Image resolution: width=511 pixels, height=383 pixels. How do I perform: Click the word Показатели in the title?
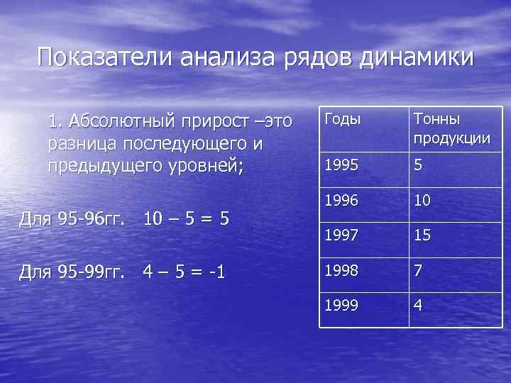pyautogui.click(x=104, y=57)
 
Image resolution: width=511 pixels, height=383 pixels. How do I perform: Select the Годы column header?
pyautogui.click(x=341, y=119)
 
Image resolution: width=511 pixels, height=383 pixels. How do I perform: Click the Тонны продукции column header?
pyautogui.click(x=452, y=128)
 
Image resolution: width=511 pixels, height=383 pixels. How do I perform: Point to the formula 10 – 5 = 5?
pyautogui.click(x=186, y=218)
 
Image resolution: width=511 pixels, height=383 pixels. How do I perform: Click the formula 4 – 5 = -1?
pyautogui.click(x=184, y=271)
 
